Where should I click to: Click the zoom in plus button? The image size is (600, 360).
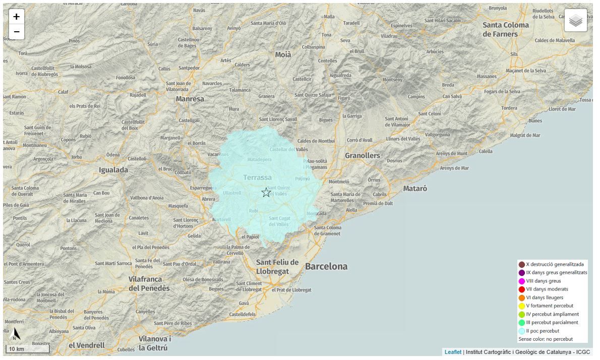click(x=17, y=17)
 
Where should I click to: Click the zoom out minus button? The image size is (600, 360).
click(x=17, y=32)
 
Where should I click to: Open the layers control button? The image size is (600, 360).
click(x=575, y=21)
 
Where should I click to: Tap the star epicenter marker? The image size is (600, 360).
click(x=266, y=192)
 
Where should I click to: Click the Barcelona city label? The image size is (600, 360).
click(x=326, y=266)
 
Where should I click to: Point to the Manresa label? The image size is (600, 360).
click(x=190, y=99)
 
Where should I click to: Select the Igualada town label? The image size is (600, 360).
click(x=113, y=170)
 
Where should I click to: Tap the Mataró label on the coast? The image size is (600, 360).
click(x=415, y=188)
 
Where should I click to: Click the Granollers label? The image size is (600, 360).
click(x=362, y=155)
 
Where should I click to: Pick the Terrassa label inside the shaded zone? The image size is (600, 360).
click(x=257, y=177)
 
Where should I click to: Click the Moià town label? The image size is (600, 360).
click(x=283, y=54)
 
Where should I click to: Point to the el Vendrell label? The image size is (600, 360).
click(x=87, y=345)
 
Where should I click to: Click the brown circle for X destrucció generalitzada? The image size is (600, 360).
click(x=522, y=264)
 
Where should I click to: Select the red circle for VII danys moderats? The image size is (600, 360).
click(x=522, y=289)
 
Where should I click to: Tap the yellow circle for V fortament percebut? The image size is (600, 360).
click(x=522, y=306)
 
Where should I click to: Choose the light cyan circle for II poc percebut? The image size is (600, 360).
click(x=522, y=331)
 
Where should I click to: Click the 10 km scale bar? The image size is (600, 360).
click(x=28, y=349)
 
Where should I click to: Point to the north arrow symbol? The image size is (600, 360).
click(x=15, y=334)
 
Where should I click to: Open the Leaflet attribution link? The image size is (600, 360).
click(x=453, y=352)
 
